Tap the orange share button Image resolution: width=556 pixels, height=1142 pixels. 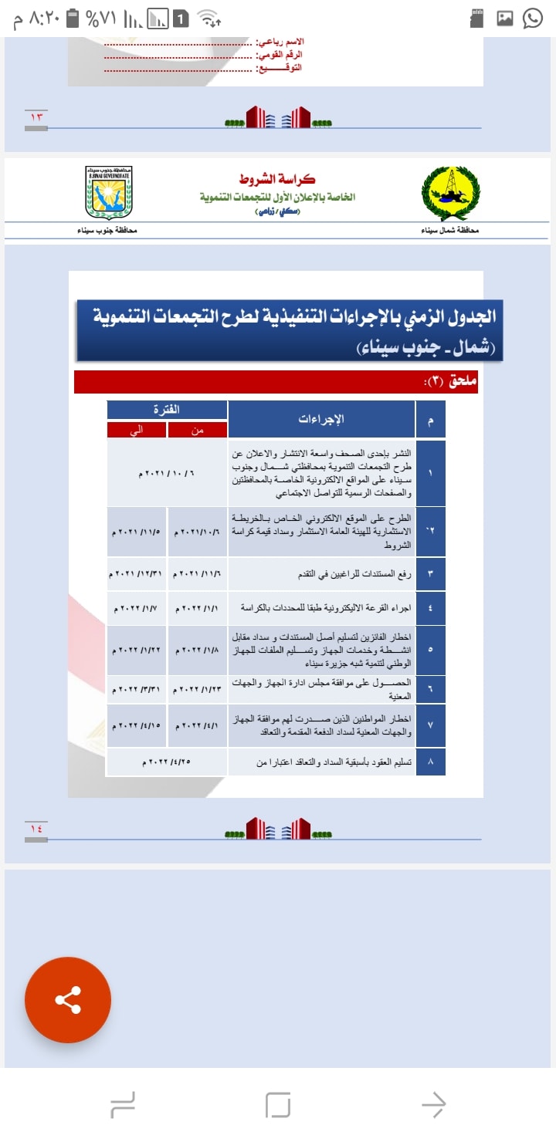tap(68, 1000)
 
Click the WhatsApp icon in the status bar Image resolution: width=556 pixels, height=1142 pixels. tap(534, 18)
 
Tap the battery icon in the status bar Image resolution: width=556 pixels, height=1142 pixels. tap(73, 17)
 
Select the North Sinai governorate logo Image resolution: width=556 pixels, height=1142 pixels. tap(450, 194)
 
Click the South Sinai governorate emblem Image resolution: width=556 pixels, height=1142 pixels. tap(109, 192)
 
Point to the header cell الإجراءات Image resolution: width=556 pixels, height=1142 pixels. tap(321, 420)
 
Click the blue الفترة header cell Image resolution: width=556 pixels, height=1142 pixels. tap(167, 410)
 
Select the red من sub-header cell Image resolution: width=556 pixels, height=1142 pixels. tap(197, 430)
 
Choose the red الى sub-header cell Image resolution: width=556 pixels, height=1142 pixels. tap(137, 430)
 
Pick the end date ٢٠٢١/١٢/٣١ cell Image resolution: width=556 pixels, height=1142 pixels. tap(137, 575)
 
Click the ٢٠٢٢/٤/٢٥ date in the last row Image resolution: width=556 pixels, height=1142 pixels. tap(167, 762)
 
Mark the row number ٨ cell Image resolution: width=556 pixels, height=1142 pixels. tap(430, 762)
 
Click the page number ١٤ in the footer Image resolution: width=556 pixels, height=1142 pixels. tap(36, 829)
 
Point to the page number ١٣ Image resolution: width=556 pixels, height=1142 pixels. tap(36, 117)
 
